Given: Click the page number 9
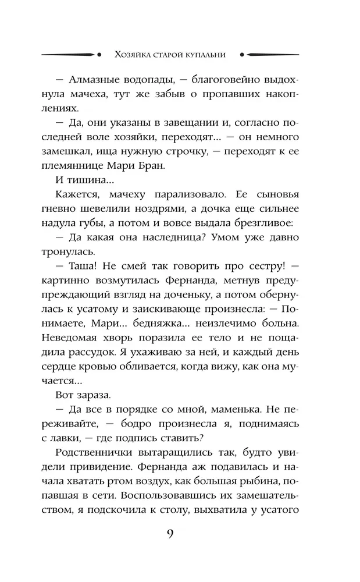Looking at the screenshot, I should (x=170, y=534).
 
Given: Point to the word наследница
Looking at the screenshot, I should (x=151, y=241).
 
